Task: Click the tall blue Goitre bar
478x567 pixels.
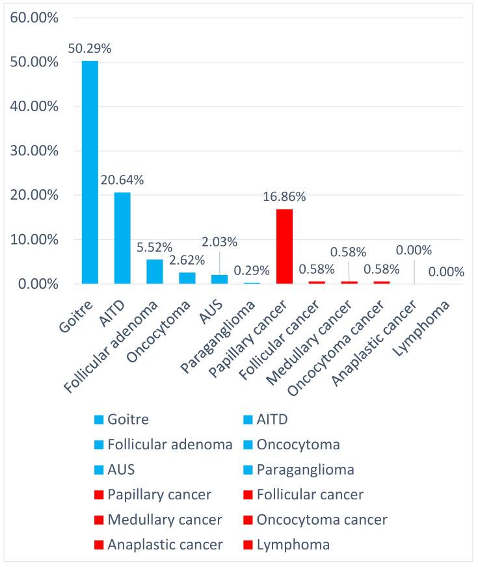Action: click(90, 172)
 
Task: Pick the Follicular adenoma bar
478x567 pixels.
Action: click(155, 272)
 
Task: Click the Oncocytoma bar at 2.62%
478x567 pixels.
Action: click(187, 278)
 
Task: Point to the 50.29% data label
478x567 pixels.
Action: click(90, 48)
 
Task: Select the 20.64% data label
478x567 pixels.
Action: click(122, 179)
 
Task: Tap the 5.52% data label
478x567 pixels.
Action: click(155, 247)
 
